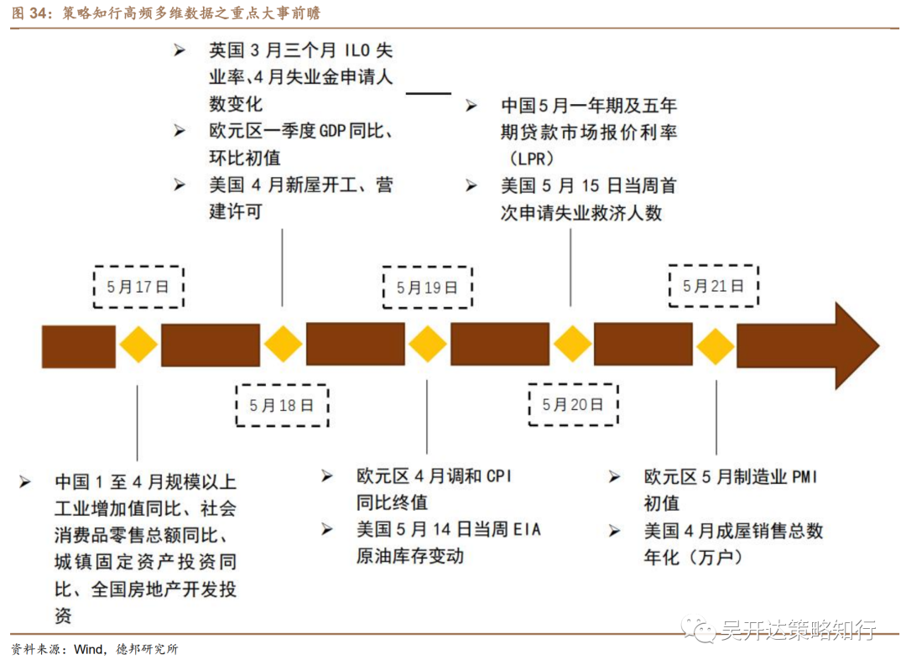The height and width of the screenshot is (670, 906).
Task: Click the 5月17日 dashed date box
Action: (138, 287)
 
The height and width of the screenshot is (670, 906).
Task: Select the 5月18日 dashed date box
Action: (282, 406)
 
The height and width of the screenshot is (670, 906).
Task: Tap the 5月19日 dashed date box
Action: (427, 288)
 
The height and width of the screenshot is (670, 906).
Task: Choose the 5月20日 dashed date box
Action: (573, 405)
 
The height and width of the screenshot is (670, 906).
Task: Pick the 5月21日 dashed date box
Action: (713, 286)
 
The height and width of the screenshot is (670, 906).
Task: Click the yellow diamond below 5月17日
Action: (138, 345)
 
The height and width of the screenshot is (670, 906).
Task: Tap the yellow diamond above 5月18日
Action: (283, 345)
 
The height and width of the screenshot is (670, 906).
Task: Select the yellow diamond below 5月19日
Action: (428, 345)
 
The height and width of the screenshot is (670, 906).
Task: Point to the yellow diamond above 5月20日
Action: (573, 345)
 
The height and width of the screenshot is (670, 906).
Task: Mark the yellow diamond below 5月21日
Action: (716, 345)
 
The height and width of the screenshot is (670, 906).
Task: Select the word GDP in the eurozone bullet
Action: (336, 132)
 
